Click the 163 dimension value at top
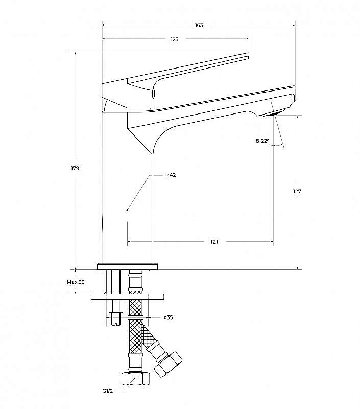tap(199, 25)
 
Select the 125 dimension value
tap(175, 39)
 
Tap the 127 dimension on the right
tap(297, 192)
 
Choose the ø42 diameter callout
tap(171, 175)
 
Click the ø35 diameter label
tap(168, 317)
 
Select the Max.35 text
tap(75, 282)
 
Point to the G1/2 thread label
tap(107, 390)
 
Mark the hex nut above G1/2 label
tap(135, 379)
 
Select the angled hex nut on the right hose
tap(169, 364)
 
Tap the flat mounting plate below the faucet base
tap(127, 296)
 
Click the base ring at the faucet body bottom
tap(127, 266)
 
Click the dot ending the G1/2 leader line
tap(134, 379)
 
